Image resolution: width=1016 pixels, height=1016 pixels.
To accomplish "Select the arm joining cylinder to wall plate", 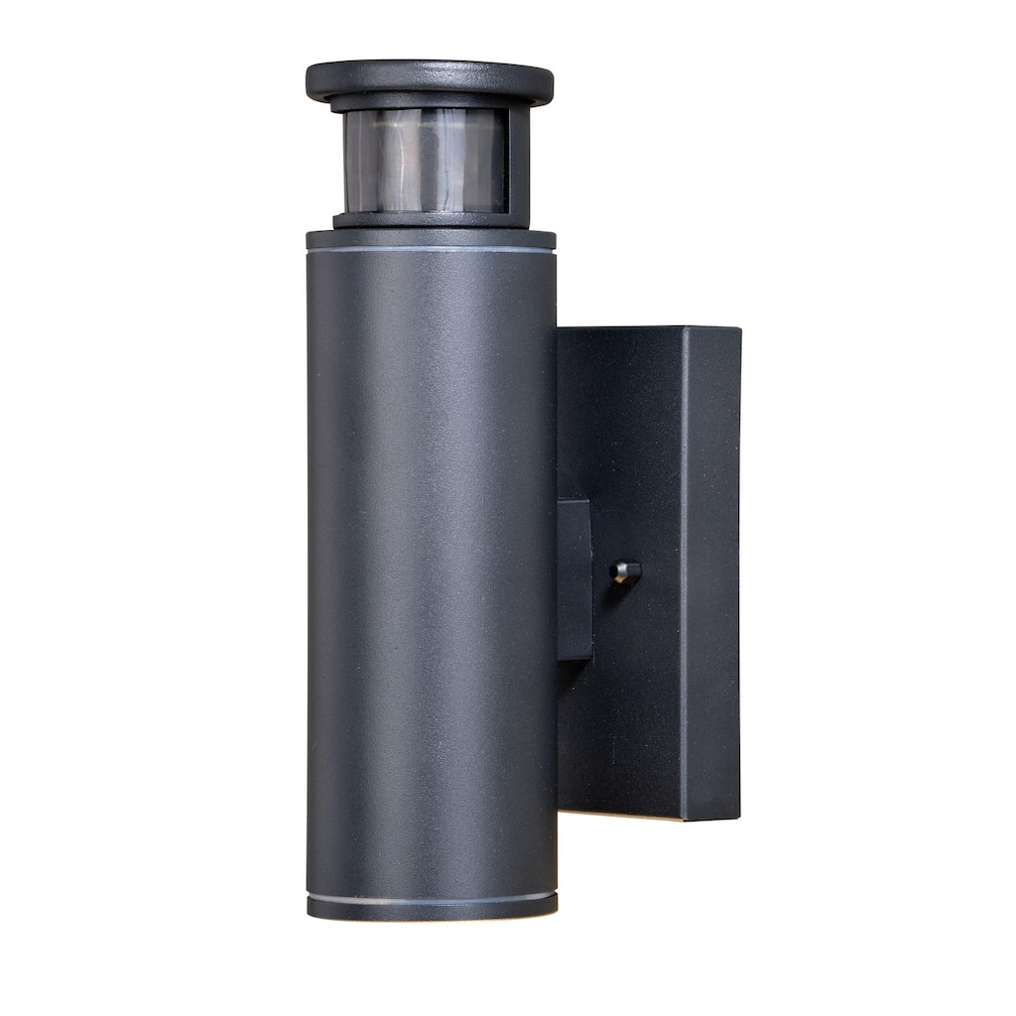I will pyautogui.click(x=574, y=579).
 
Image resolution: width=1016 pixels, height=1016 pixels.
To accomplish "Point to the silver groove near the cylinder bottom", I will pyautogui.click(x=431, y=900).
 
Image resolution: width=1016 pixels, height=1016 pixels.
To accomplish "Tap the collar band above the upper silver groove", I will pyautogui.click(x=431, y=239).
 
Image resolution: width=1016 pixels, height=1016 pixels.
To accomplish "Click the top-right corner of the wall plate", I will pyautogui.click(x=739, y=329).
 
